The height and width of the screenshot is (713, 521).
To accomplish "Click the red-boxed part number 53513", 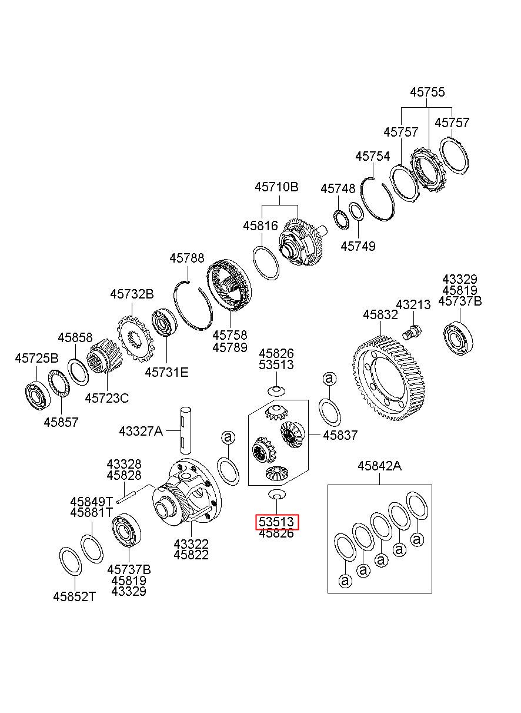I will [x=277, y=522].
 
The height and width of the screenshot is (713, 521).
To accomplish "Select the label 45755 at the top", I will [x=428, y=92].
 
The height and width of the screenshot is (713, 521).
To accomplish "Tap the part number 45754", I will [x=372, y=157].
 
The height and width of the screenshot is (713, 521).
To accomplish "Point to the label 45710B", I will [x=276, y=187].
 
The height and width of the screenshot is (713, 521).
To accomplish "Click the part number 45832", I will [x=380, y=315].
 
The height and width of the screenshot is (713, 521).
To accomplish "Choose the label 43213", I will [x=413, y=304].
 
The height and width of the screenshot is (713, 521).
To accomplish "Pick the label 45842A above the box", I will [x=379, y=466].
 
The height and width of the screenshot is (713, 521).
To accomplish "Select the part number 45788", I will [x=187, y=258].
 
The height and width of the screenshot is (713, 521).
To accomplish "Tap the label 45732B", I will [x=132, y=294].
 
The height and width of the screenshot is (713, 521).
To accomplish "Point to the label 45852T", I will [x=74, y=596].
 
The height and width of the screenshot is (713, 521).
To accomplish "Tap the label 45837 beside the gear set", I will [x=340, y=435].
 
